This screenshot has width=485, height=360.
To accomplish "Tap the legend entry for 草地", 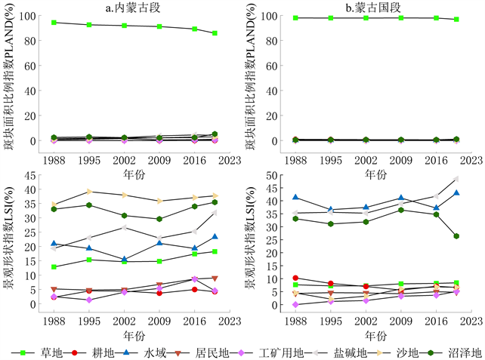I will [x=45, y=352].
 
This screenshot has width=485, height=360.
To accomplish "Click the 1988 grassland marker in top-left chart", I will [x=54, y=23].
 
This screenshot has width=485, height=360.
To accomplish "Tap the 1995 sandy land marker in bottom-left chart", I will [x=89, y=192].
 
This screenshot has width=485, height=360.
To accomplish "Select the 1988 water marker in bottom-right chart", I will [x=295, y=197].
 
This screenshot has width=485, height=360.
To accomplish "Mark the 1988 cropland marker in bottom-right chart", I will [x=295, y=278].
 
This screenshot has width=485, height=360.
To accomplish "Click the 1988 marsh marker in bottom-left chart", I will [x=54, y=209].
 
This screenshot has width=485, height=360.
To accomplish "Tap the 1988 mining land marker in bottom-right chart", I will [x=295, y=304].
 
